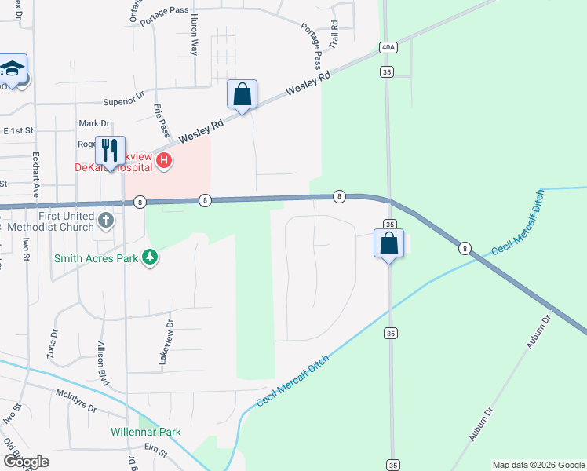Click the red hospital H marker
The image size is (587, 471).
[164, 162]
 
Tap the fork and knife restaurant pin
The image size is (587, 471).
[110, 151]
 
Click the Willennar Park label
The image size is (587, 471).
[146, 432]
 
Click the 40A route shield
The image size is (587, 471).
[388, 47]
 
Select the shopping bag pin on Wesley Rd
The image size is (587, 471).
[242, 94]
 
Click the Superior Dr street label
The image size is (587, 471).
[125, 102]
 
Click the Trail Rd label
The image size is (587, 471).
[334, 32]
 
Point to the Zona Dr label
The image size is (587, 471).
[54, 344]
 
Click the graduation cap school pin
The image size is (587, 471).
[13, 70]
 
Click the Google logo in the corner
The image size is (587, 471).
[25, 462]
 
